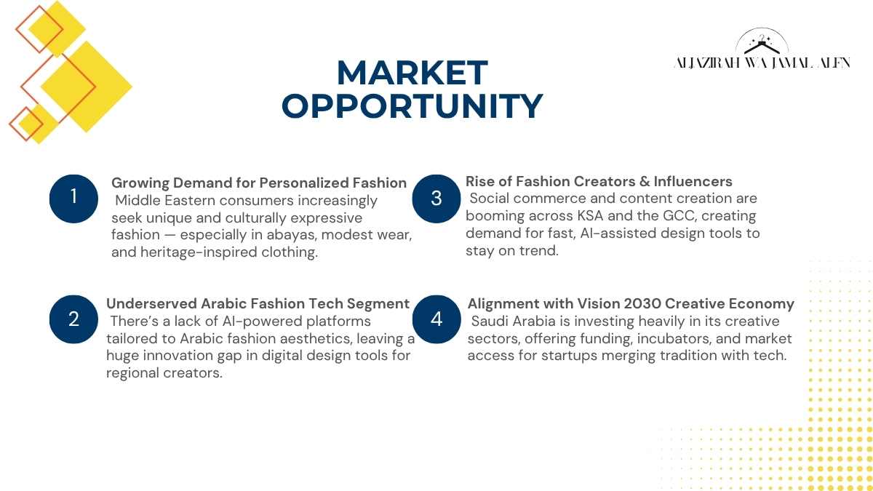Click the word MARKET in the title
pos(412,73)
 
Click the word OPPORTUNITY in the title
pos(412,105)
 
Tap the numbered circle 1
pos(73,199)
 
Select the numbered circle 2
pos(73,319)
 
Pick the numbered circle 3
pos(436,199)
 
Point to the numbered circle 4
pos(436,319)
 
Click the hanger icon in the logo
pos(762,45)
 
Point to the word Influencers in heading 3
pos(693,182)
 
